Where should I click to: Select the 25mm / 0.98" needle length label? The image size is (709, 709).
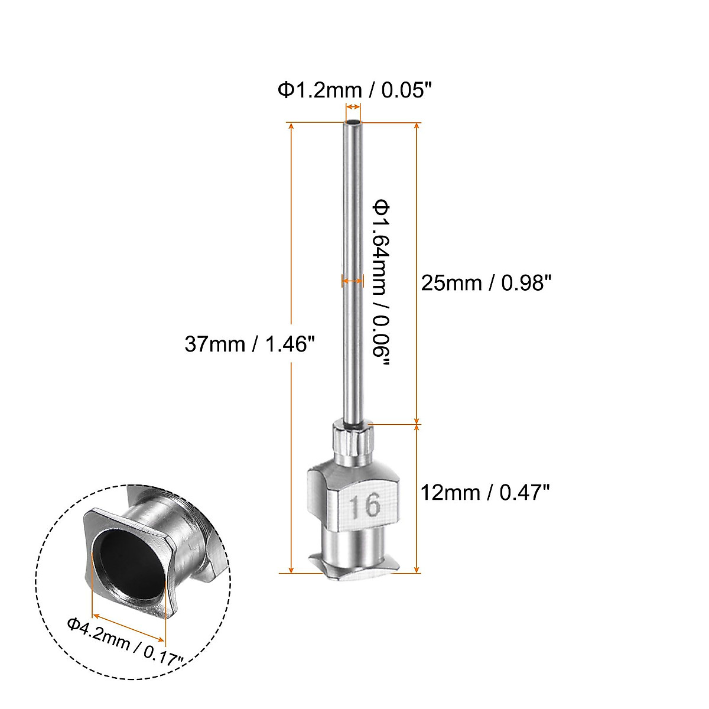(486, 283)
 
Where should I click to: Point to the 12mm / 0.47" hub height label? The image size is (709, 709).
(486, 491)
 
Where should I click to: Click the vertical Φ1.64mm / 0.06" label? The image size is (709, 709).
(381, 283)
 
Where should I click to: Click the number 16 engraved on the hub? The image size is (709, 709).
(364, 506)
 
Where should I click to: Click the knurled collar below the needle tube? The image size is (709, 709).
(353, 444)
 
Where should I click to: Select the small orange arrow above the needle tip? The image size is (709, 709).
(353, 107)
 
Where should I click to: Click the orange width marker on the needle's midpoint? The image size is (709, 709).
(353, 281)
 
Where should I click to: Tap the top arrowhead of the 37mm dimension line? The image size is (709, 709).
(290, 126)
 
